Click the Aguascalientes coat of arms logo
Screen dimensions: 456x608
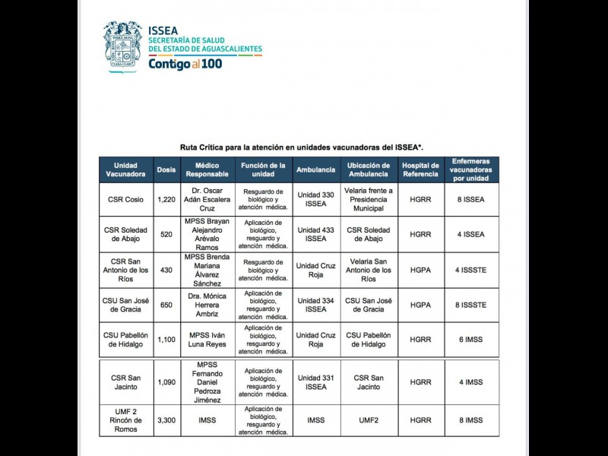tap(122, 45)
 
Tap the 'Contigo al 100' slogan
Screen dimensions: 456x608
tap(185, 64)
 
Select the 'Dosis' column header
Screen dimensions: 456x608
tap(166, 169)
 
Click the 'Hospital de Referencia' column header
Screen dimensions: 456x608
tap(420, 169)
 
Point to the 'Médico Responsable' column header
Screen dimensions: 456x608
tap(207, 169)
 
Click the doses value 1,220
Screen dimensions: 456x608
tap(166, 199)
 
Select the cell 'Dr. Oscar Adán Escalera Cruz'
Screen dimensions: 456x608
tap(207, 199)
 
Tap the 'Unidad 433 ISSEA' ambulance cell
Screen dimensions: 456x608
tap(315, 234)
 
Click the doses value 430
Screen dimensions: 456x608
tap(166, 270)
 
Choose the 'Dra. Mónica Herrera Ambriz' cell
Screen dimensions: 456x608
tap(207, 305)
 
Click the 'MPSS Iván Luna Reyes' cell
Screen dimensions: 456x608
tap(207, 340)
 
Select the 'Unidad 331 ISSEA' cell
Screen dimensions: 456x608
tap(315, 382)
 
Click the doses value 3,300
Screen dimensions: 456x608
tap(166, 420)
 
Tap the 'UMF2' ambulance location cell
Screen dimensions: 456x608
tap(369, 420)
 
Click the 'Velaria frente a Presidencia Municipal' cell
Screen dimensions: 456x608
tap(369, 199)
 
